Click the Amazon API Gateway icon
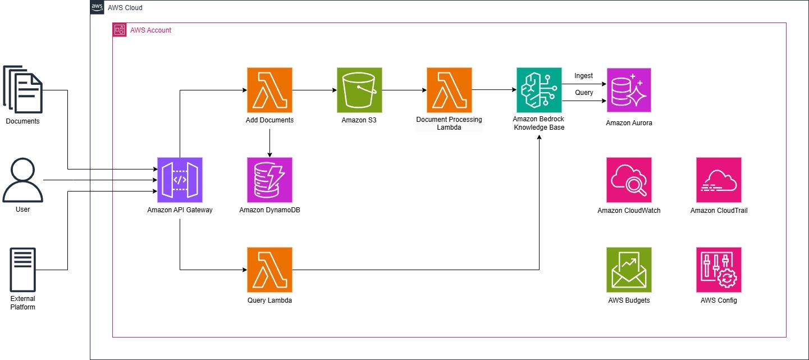click(180, 180)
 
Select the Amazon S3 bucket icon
click(359, 90)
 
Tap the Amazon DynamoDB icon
click(269, 180)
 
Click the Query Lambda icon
click(269, 270)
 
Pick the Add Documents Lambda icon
click(269, 90)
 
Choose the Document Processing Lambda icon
click(449, 90)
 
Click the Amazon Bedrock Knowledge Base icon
click(539, 90)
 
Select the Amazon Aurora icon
click(629, 90)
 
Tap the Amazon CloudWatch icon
click(629, 180)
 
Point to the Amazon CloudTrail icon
click(719, 180)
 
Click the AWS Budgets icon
click(629, 270)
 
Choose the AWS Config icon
click(719, 270)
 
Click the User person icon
click(23, 180)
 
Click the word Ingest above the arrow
click(583, 76)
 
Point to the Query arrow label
click(584, 93)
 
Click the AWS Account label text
click(150, 30)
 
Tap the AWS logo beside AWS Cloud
click(97, 7)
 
